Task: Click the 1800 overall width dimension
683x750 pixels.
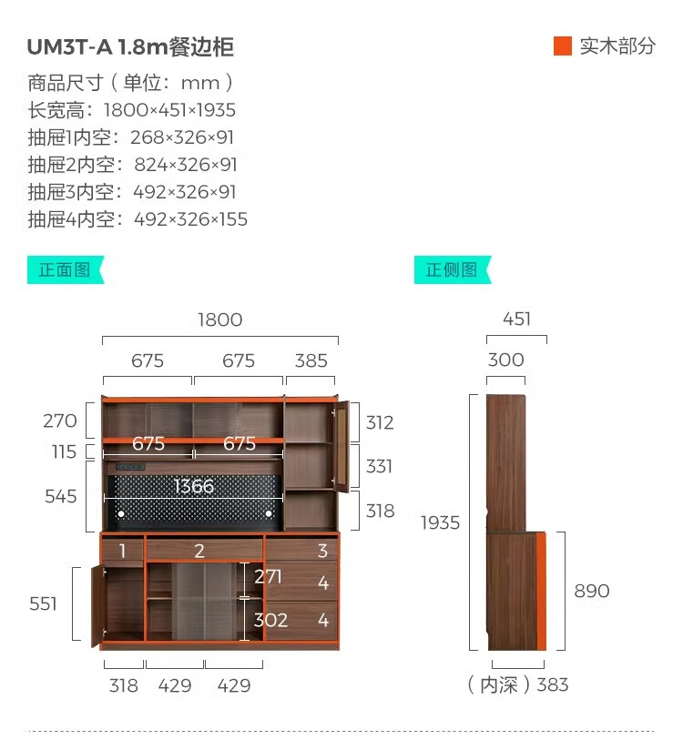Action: point(220,320)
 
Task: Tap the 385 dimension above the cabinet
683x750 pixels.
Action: point(311,360)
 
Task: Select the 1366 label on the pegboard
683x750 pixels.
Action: point(194,486)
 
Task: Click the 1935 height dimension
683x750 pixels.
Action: point(441,522)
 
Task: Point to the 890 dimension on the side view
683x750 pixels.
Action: point(592,592)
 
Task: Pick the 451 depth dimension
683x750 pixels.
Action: point(516,319)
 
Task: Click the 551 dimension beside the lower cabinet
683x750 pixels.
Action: point(43,603)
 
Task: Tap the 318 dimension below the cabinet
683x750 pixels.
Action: point(124,686)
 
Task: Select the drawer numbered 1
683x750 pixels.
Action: point(122,551)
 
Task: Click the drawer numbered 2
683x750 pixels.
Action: point(204,550)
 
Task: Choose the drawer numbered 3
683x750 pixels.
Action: point(301,549)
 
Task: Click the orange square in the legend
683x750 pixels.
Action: point(563,46)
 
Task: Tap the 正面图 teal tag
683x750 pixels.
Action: point(66,269)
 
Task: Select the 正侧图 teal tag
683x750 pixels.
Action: point(453,269)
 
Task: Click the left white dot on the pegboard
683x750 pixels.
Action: point(121,513)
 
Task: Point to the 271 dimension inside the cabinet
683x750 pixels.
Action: point(268,577)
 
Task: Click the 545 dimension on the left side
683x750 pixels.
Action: point(61,496)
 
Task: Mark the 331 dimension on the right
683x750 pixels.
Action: point(379,466)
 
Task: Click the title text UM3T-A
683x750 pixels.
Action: point(70,47)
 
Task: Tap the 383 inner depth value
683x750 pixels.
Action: point(553,685)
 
